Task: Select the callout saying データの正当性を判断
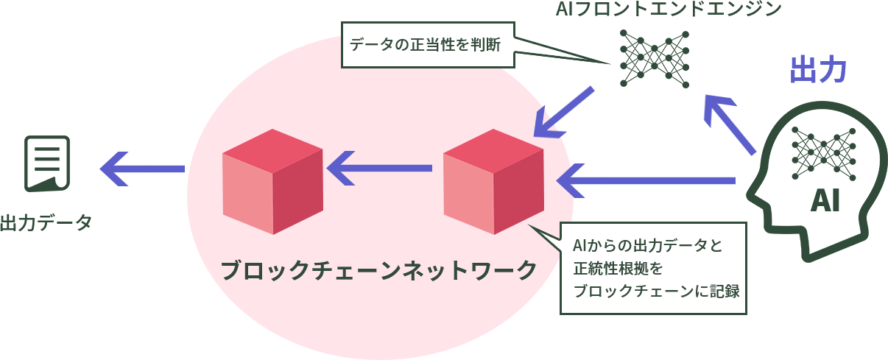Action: coord(426,46)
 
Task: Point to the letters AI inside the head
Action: coord(824,200)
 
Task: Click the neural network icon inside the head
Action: coord(823,151)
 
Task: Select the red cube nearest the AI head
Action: coord(494,181)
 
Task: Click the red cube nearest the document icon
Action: coord(272,181)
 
